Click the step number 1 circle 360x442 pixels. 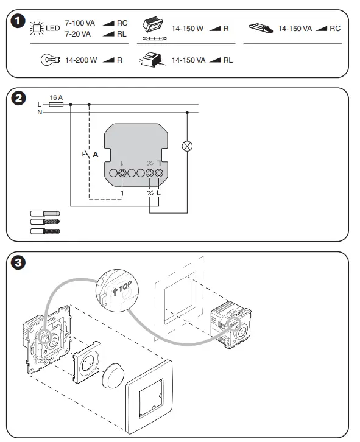pyautogui.click(x=19, y=20)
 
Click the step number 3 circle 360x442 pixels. pyautogui.click(x=19, y=264)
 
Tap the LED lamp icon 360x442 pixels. pyautogui.click(x=37, y=28)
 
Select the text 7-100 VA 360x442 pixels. pyautogui.click(x=80, y=23)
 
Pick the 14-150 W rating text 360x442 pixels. pyautogui.click(x=188, y=29)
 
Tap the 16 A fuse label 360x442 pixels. pyautogui.click(x=56, y=97)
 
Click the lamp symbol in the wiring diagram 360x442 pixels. pyautogui.click(x=188, y=146)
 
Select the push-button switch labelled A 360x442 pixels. pyautogui.click(x=89, y=155)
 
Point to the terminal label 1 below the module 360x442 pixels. pyautogui.click(x=122, y=193)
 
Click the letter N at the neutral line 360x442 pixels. pyautogui.click(x=40, y=113)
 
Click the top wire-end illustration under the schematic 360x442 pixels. pyautogui.click(x=45, y=214)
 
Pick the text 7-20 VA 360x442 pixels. pyautogui.click(x=78, y=33)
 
